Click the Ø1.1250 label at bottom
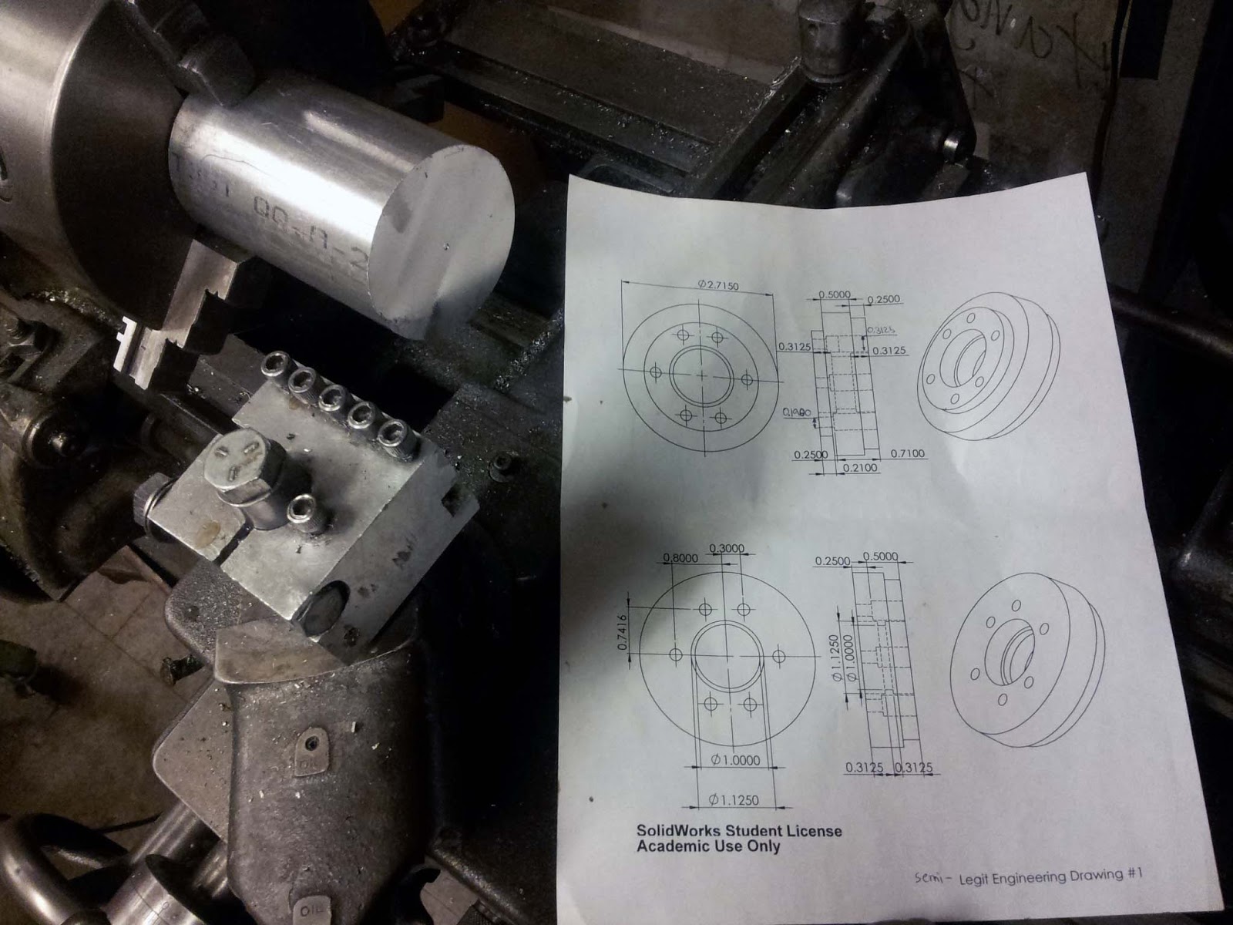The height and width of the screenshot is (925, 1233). [x=732, y=800]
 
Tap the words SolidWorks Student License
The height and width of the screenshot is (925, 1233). [x=738, y=831]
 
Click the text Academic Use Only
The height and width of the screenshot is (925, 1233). [x=707, y=846]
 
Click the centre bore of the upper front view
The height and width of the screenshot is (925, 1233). [x=700, y=375]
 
